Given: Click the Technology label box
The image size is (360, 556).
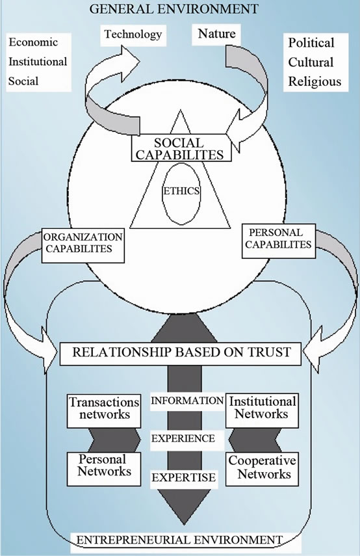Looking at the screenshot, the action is coord(133,35).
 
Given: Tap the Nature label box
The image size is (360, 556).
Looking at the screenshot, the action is coord(216,34).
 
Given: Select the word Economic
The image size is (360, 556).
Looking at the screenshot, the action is coord(33,42).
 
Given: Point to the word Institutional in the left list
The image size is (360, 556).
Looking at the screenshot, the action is coord(38,62).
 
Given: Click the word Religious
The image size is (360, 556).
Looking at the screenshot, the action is coord(315,81).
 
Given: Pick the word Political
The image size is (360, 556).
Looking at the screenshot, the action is coord(311,43).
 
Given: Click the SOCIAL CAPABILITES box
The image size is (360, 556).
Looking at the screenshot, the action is coord(181,148).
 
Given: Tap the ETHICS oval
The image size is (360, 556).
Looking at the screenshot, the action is coord(181,194).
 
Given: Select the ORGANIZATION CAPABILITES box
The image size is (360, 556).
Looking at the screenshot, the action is coord(83,243).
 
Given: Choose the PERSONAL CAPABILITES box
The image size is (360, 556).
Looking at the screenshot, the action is coord(279,241).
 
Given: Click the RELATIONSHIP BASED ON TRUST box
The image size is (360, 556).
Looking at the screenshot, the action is coord(181,354).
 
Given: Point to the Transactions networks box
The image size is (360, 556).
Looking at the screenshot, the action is coord(104,410).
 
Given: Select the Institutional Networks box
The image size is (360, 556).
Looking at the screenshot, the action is coord(263,410).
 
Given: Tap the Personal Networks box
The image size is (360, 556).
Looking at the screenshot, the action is coord(104,468).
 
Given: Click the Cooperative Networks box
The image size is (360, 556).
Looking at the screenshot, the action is coord(263,468).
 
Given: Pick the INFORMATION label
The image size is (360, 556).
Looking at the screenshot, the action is coord(187,401).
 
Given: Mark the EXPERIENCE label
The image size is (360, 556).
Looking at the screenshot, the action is coord(183,439).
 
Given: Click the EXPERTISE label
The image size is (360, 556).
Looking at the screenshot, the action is coord(183,477).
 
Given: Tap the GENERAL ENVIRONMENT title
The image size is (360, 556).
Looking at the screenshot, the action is coord(174,8).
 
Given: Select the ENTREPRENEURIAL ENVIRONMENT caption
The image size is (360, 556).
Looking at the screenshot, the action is coord(179,540).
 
